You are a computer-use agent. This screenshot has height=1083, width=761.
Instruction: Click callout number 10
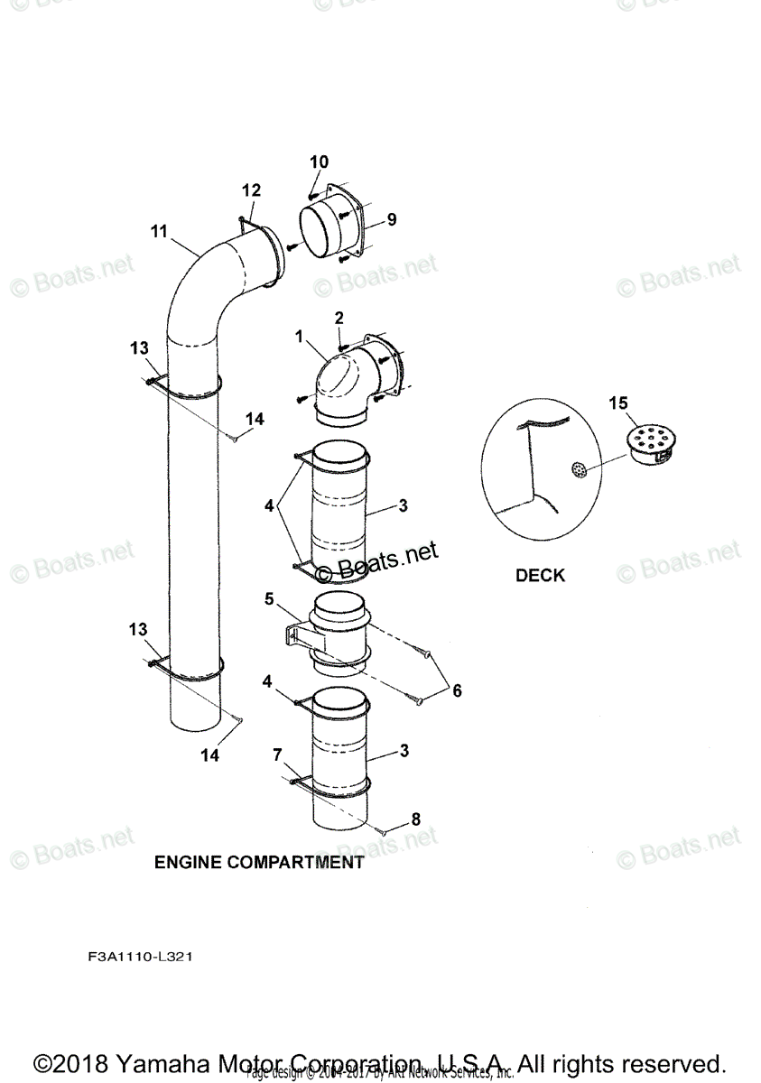pos(320,162)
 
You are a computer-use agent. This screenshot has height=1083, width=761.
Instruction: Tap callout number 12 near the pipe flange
pos(251,190)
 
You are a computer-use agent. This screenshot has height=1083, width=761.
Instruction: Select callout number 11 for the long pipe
pos(159,232)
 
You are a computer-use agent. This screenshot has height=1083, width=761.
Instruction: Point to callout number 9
pos(391,219)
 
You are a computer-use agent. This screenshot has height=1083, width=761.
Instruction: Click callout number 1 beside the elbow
pos(298,336)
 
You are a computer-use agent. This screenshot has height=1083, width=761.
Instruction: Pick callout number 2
pos(339,318)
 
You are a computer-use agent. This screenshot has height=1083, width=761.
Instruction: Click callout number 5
pos(269,598)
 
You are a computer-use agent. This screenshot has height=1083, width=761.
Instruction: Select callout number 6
pos(457,690)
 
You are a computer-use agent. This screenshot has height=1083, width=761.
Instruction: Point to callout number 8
pos(415,819)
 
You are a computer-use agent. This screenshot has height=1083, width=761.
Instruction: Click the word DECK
pos(540,576)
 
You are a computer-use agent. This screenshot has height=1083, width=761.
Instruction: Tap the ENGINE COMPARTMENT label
pos(259,862)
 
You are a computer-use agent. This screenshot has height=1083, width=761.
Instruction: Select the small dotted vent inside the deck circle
pos(579,469)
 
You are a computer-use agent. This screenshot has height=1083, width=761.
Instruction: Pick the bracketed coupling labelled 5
pos(334,632)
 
